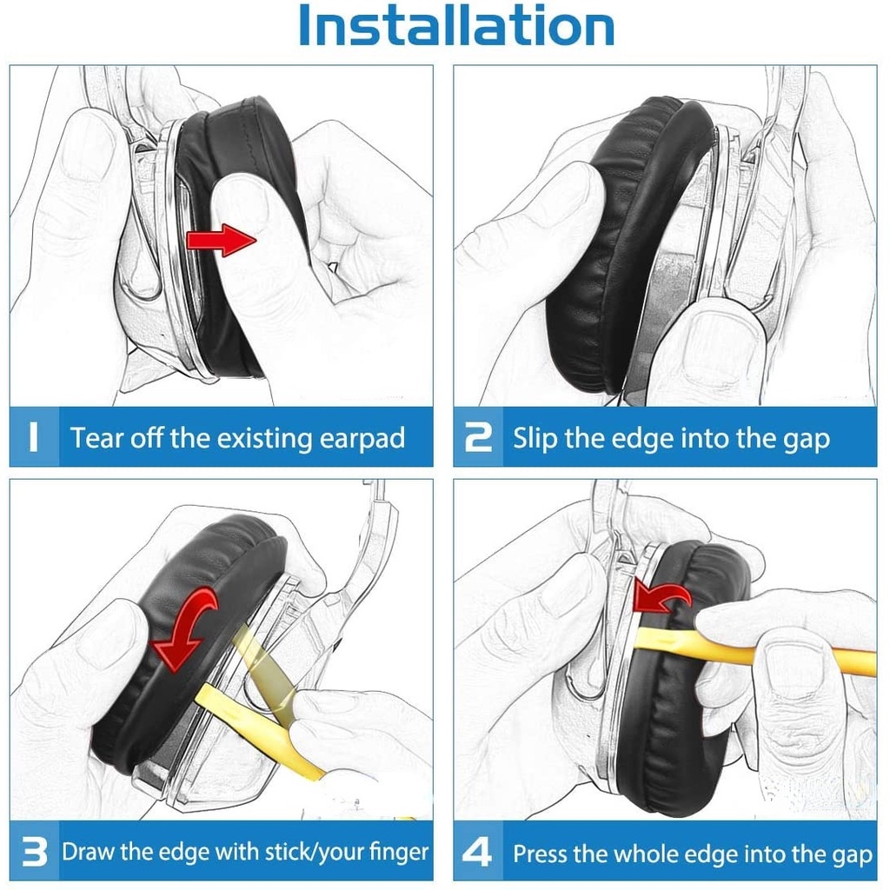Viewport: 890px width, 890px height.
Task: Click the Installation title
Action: (x=455, y=25)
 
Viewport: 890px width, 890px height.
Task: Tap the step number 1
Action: (x=33, y=437)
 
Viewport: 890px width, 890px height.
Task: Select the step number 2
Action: (x=478, y=438)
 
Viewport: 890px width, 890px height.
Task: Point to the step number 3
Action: (x=34, y=852)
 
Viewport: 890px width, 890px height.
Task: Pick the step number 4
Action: (x=477, y=852)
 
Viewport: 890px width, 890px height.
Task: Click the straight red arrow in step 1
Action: (x=222, y=240)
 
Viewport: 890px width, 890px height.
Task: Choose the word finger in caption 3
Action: (x=398, y=852)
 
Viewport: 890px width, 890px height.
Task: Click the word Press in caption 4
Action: (x=540, y=853)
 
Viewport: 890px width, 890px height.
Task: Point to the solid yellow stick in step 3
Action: (x=261, y=732)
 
